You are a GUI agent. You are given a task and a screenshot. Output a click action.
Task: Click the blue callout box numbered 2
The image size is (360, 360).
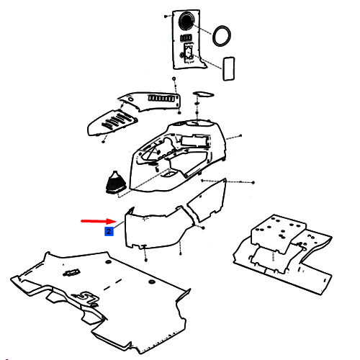pyautogui.click(x=109, y=231)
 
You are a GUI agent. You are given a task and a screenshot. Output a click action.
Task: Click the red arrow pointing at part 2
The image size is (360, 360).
pyautogui.click(x=99, y=221)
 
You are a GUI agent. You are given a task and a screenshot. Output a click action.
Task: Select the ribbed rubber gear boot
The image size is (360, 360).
pyautogui.click(x=115, y=182)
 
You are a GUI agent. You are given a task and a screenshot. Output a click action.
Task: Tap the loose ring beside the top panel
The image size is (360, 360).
pyautogui.click(x=222, y=36)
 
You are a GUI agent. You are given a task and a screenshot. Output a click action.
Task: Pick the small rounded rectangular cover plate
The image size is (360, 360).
pyautogui.click(x=229, y=68)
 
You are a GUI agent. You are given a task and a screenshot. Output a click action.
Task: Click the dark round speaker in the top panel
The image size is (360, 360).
pyautogui.click(x=186, y=21)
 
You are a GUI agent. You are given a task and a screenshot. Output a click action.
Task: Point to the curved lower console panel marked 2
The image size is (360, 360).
pyautogui.click(x=153, y=228)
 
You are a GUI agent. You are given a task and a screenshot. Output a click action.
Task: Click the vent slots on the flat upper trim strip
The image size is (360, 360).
pyautogui.click(x=161, y=99)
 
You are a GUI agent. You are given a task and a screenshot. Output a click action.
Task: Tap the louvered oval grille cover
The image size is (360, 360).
pyautogui.click(x=112, y=122)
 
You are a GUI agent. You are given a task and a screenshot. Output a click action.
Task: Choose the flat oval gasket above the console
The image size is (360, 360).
pyautogui.click(x=203, y=94)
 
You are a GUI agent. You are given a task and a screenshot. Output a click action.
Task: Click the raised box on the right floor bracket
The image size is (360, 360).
pyautogui.click(x=278, y=233)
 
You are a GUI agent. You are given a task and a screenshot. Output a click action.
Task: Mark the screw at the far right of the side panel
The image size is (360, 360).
pyautogui.click(x=253, y=183)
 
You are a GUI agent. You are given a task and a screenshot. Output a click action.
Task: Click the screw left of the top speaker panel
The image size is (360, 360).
pyautogui.click(x=166, y=17)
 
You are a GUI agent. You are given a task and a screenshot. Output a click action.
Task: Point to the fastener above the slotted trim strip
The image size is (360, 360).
pyautogui.click(x=174, y=78)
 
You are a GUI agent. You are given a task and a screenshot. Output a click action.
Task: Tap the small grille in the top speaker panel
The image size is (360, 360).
pyautogui.click(x=186, y=38)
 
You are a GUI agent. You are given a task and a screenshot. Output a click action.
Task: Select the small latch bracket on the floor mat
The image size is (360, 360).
pyautogui.click(x=71, y=272)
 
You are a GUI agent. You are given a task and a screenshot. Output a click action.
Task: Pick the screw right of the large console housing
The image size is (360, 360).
pyautogui.click(x=240, y=135)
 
